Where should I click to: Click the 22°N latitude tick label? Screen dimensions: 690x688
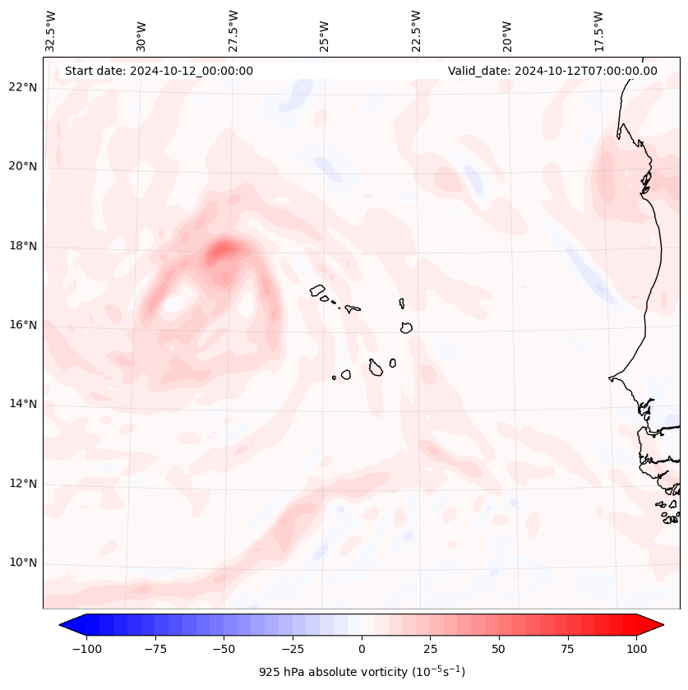tap(23, 87)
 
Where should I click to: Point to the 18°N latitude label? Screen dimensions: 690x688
tap(23, 246)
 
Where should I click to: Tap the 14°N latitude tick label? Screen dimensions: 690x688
tap(23, 404)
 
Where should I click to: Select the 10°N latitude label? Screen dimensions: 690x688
tap(23, 563)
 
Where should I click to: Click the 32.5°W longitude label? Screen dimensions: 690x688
tap(51, 30)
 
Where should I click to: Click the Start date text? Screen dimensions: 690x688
tap(159, 71)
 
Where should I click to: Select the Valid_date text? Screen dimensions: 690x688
tap(552, 71)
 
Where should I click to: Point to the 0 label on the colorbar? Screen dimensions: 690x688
tap(361, 649)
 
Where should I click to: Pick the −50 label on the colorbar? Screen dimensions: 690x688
tap(222, 649)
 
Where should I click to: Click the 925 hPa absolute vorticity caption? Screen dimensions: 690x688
tap(362, 672)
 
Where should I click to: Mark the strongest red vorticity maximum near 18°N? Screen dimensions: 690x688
tap(223, 249)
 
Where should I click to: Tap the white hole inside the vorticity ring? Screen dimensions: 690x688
tap(175, 303)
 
